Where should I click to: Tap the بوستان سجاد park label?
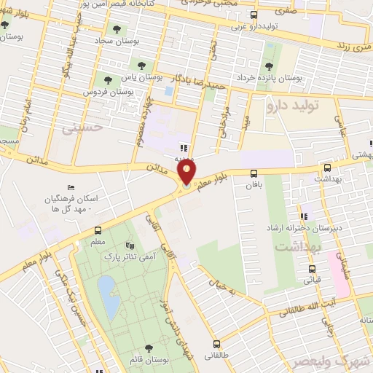[x=117, y=43]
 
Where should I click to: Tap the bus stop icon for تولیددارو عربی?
[x=254, y=15]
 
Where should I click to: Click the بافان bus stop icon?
[x=254, y=173]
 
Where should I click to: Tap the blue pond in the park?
[x=106, y=293]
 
